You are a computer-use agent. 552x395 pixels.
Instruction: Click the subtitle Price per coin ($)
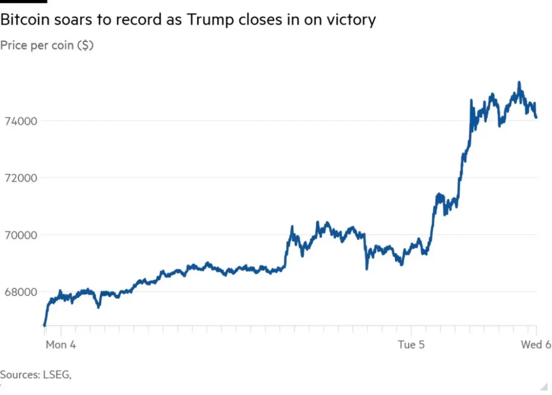[x=47, y=45]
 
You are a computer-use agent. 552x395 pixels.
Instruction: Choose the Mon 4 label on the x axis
[x=60, y=344]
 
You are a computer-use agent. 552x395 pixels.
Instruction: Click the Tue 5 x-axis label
[x=411, y=344]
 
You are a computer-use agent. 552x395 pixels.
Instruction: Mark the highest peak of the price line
[x=519, y=82]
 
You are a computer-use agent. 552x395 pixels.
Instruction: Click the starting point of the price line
[x=44, y=325]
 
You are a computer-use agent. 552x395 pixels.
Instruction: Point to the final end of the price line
[x=536, y=117]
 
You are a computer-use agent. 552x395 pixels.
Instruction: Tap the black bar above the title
[x=24, y=2]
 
